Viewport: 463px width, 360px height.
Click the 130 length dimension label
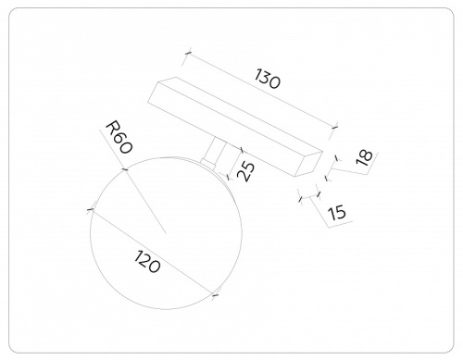(x=268, y=80)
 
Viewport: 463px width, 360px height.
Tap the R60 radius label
(x=119, y=137)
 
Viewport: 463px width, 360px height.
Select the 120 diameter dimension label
(x=147, y=262)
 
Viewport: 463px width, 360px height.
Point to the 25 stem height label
(x=246, y=171)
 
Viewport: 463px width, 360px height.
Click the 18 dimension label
(x=364, y=157)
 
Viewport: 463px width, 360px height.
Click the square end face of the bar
(x=308, y=164)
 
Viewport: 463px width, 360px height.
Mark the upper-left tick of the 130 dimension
(x=188, y=53)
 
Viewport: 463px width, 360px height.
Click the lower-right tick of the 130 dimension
(x=334, y=127)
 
